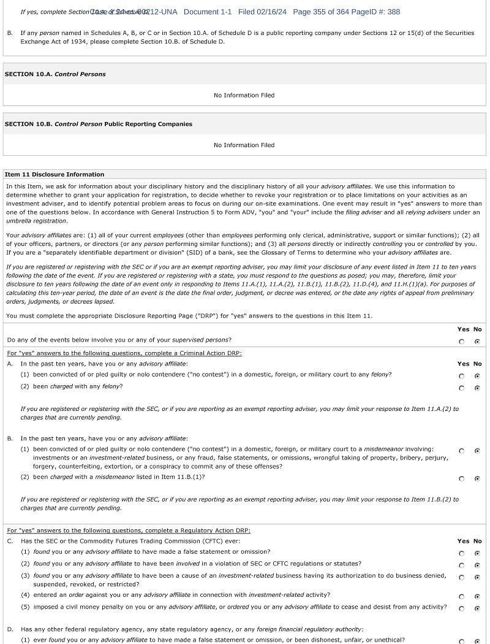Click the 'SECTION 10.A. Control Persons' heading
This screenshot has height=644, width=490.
coord(55,74)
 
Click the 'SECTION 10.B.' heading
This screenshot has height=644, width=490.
coord(98,124)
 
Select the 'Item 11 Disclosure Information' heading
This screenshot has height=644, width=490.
coord(55,174)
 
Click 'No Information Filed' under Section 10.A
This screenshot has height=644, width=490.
coord(244,95)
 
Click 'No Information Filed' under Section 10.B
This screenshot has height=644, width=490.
coord(244,145)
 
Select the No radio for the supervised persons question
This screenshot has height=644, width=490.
coord(477,342)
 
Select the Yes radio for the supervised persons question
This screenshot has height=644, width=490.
coord(462,342)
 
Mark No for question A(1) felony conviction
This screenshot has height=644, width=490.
coord(477,376)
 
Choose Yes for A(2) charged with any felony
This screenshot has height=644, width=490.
coord(462,388)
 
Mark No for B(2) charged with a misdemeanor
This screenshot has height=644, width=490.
coord(477,478)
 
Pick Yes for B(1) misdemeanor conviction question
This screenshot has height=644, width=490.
coord(462,451)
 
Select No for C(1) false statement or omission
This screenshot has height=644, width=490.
coord(477,553)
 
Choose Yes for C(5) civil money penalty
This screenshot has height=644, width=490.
coord(462,608)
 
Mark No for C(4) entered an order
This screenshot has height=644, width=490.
coord(477,596)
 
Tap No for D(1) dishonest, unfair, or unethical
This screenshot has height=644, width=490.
coord(477,642)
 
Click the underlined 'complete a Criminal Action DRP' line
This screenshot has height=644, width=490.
coord(124,353)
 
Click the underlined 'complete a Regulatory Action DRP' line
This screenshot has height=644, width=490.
coord(129,531)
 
